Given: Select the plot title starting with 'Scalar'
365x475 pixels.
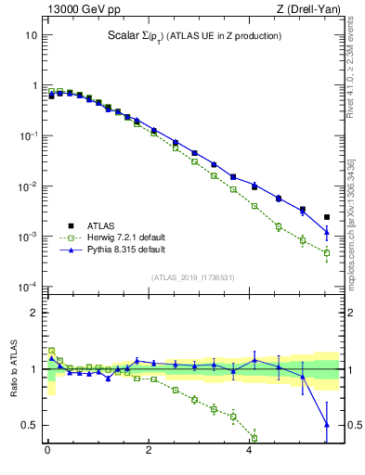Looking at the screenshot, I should tap(194, 36).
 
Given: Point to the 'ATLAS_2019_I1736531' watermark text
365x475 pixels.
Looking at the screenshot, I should tap(193, 276).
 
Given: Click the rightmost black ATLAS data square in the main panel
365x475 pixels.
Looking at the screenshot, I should tap(326, 217).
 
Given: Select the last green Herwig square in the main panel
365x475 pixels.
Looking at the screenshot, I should tap(326, 252).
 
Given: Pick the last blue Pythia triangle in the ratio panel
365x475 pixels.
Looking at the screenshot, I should tap(326, 425).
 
